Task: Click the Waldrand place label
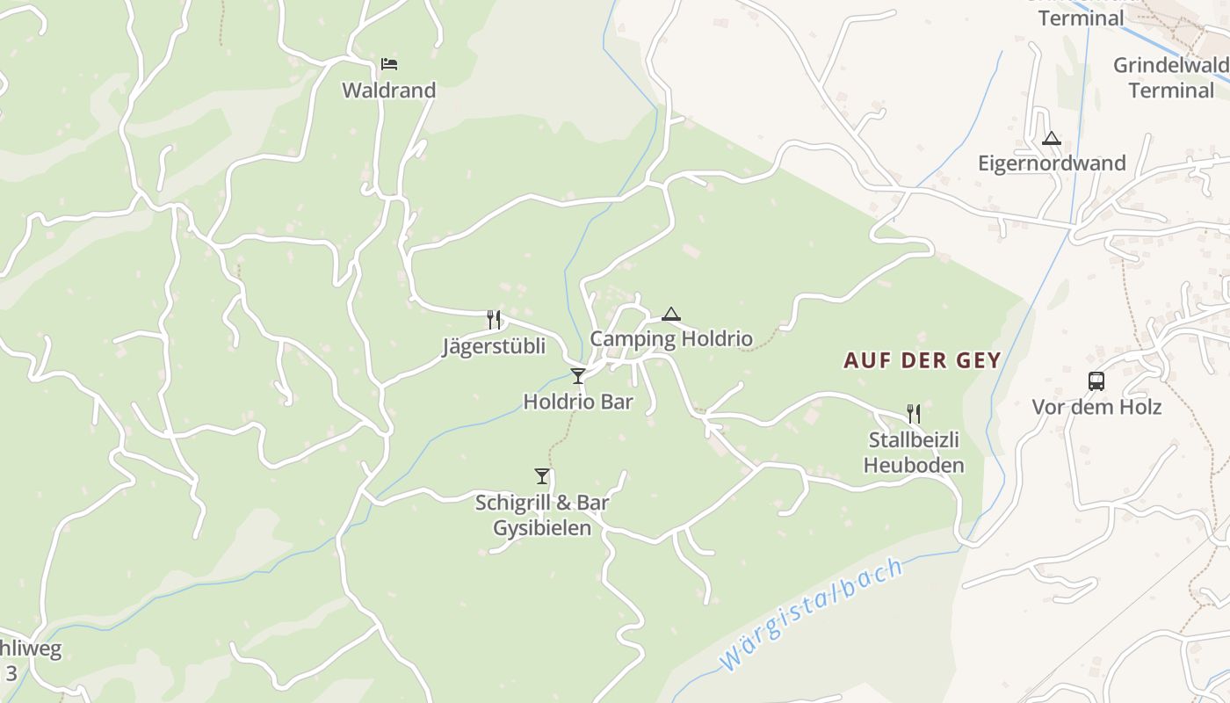(x=388, y=90)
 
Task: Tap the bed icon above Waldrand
(x=389, y=63)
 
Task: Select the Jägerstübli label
(x=493, y=346)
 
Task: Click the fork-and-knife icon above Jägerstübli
(x=494, y=319)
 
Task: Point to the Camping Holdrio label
(x=670, y=338)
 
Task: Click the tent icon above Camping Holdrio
(x=671, y=314)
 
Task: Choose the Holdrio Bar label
(x=577, y=402)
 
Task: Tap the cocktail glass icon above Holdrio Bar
(x=577, y=376)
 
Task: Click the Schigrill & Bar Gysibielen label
(x=542, y=515)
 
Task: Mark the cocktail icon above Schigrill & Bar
(x=541, y=476)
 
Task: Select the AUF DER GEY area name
(x=922, y=360)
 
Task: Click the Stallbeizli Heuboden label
(x=914, y=452)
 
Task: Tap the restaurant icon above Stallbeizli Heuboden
(x=914, y=413)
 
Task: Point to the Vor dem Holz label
(x=1096, y=407)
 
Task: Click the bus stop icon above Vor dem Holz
(x=1096, y=381)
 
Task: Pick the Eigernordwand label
(x=1052, y=163)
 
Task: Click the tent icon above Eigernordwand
(x=1052, y=138)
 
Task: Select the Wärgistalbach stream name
(x=809, y=614)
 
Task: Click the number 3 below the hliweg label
(x=11, y=673)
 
